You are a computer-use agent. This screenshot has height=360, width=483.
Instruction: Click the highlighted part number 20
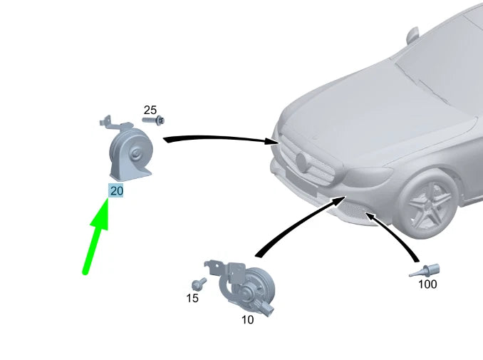116,190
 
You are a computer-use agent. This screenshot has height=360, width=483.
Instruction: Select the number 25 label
150,110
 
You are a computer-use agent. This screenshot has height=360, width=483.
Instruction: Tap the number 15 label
192,298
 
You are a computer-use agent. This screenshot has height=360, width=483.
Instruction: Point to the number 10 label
247,319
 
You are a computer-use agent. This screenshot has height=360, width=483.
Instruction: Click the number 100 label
427,284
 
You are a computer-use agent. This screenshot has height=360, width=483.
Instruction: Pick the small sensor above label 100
426,270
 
